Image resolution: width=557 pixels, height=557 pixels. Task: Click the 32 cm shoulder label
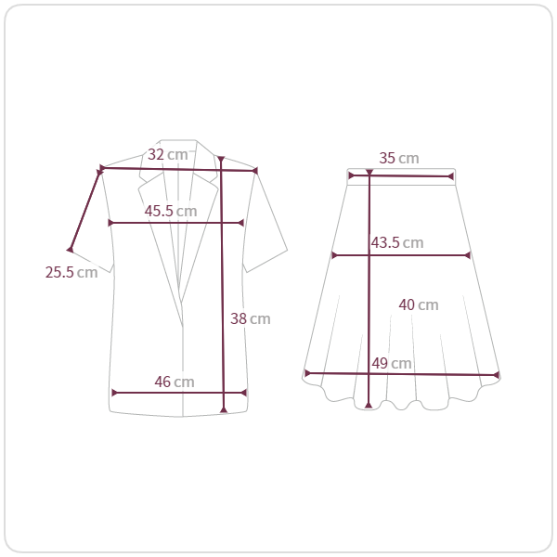coord(168,154)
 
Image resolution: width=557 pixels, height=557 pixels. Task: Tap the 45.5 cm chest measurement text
coord(171,211)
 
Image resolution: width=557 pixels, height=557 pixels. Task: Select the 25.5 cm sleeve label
coord(71,272)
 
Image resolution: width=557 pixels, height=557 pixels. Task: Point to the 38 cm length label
coord(251,318)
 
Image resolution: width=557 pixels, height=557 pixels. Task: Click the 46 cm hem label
coord(175,382)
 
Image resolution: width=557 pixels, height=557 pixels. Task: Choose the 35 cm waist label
coord(399,158)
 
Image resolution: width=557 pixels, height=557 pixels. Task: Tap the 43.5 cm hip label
coord(397,242)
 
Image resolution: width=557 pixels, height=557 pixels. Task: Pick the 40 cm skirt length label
coord(419,304)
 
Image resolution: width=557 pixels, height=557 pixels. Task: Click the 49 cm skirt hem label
coord(392,363)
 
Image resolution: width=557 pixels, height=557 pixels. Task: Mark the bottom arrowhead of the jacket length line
coord(224,410)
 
